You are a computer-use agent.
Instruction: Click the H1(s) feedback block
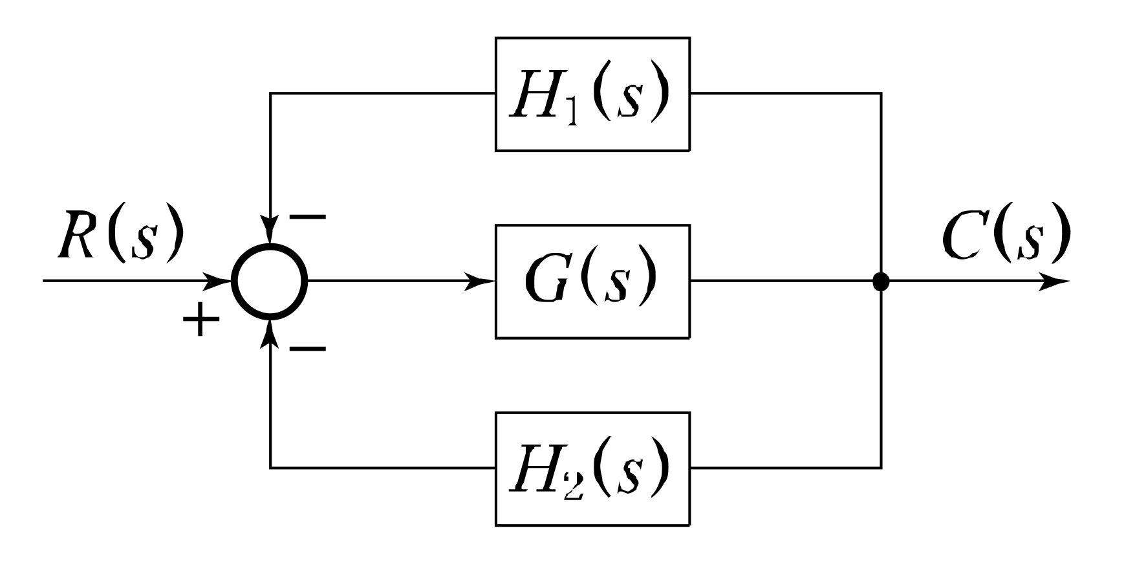click(x=592, y=94)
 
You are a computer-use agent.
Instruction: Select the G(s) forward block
click(x=592, y=281)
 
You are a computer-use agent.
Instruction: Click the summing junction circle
click(x=270, y=281)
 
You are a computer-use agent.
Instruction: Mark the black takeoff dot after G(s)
click(x=881, y=281)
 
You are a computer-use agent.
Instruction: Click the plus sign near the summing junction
click(x=201, y=321)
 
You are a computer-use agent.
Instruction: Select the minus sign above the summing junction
click(x=307, y=217)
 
